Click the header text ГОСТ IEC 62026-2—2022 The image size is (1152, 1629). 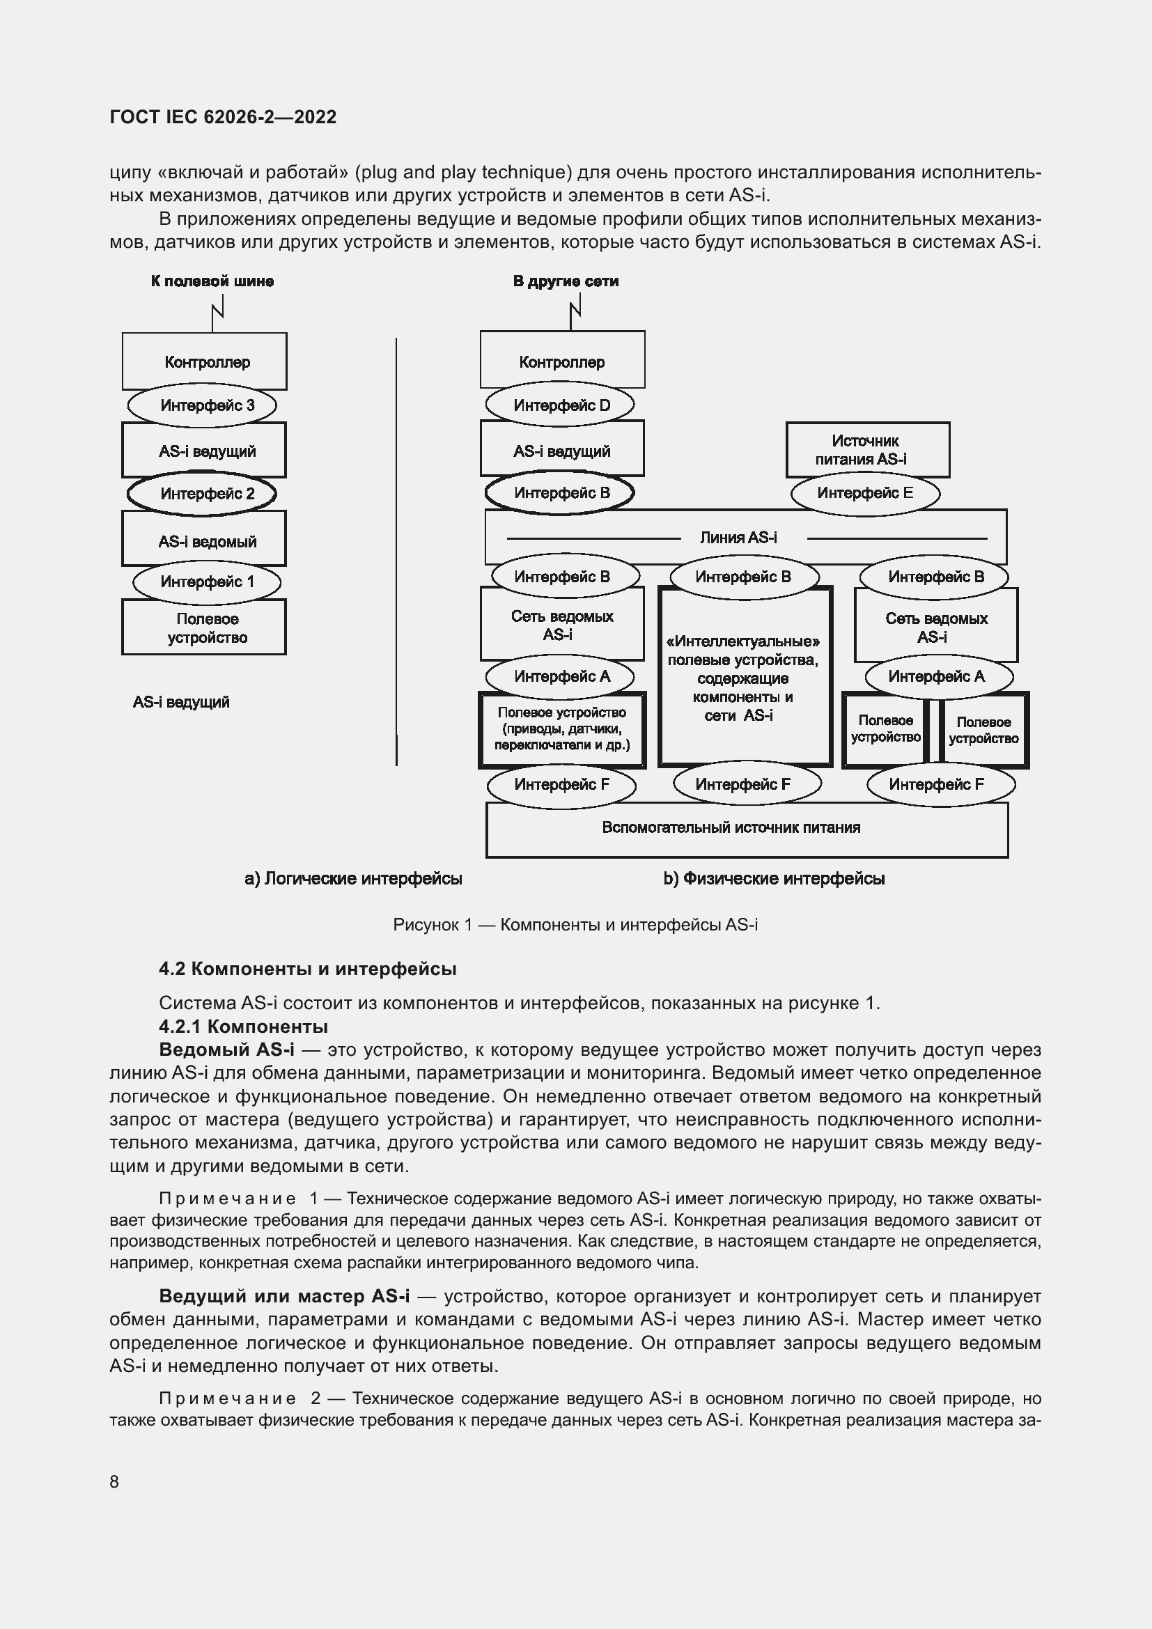(223, 117)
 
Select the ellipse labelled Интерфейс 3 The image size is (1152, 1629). (202, 405)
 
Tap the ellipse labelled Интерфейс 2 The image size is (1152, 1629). (202, 494)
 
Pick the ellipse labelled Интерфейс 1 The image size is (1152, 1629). (206, 582)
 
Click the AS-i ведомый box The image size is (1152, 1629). (203, 540)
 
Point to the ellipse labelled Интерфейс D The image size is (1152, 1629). (560, 405)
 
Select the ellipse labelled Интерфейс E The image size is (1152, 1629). (865, 493)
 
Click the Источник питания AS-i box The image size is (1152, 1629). (867, 449)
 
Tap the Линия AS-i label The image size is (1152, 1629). (738, 537)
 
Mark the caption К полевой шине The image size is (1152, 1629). (212, 281)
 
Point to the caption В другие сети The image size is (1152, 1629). (566, 281)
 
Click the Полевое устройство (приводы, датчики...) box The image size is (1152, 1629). (561, 729)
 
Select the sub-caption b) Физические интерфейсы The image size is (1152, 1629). (774, 878)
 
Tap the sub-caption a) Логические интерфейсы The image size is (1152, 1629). (353, 878)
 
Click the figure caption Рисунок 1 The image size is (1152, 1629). (575, 924)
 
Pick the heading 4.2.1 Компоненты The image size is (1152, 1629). (243, 1027)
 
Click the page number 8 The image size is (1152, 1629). (114, 1481)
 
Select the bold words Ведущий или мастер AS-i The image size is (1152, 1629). (283, 1296)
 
